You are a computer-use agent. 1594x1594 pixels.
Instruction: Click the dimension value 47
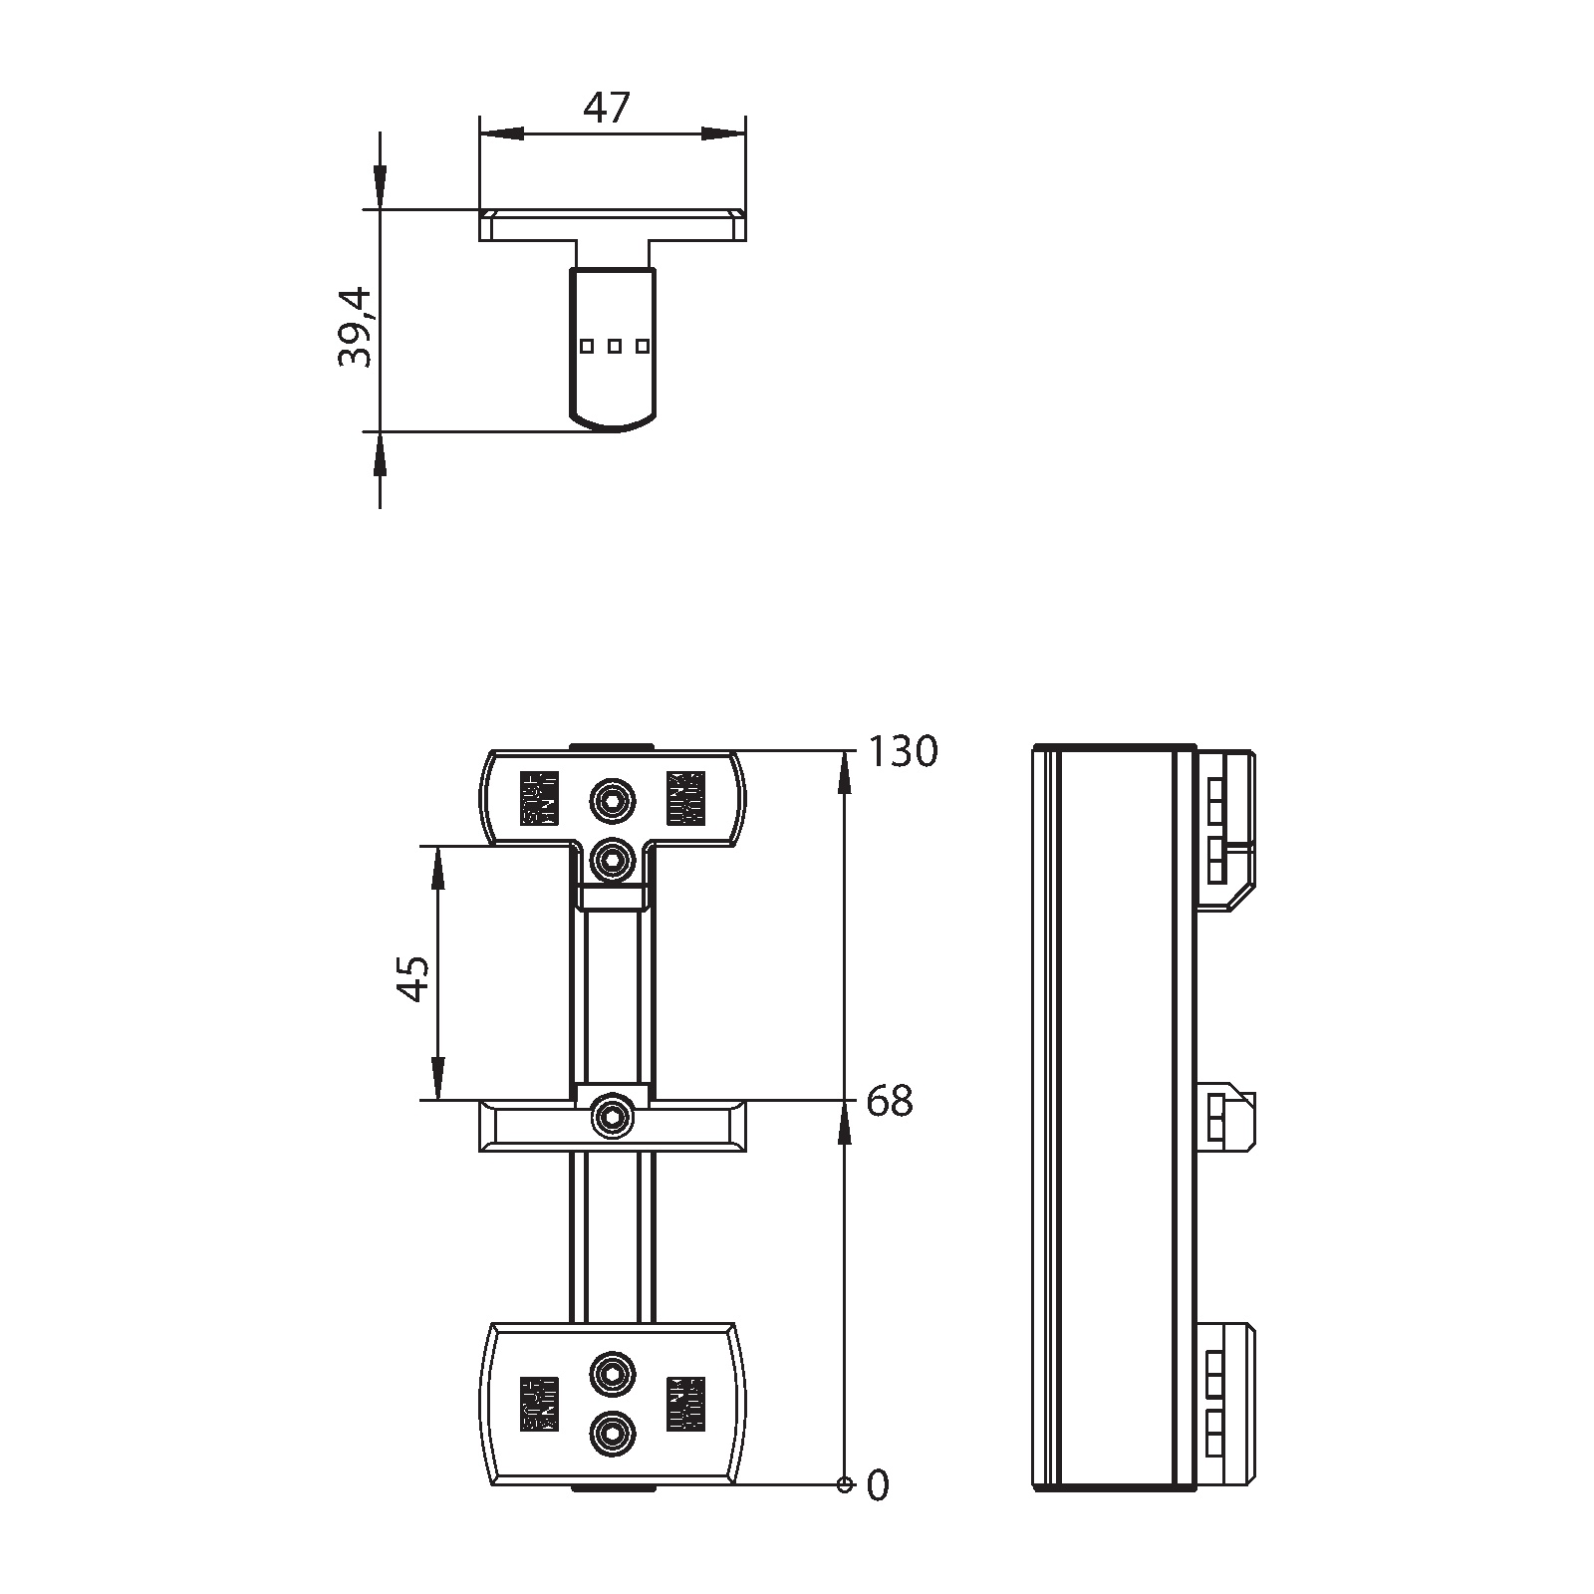tap(608, 108)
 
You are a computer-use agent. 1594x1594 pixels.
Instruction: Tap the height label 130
tap(903, 752)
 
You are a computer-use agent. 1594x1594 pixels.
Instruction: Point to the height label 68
tap(890, 1102)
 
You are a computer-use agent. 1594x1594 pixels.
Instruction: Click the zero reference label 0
tap(878, 1514)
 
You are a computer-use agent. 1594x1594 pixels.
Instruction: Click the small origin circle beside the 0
tap(845, 1513)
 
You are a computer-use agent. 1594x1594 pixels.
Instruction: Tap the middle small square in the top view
tap(615, 346)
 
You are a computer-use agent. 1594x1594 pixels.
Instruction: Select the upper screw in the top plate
tap(612, 799)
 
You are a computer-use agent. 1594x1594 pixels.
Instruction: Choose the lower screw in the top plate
tap(612, 858)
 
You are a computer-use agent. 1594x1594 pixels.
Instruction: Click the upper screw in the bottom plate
tap(612, 1375)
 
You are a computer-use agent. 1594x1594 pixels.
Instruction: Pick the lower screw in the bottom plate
tap(612, 1435)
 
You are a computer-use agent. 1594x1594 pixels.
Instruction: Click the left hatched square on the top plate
tap(539, 799)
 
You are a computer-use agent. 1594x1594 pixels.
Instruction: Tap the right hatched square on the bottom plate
tap(685, 1404)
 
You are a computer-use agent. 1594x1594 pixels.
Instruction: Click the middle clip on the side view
tap(1224, 1117)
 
